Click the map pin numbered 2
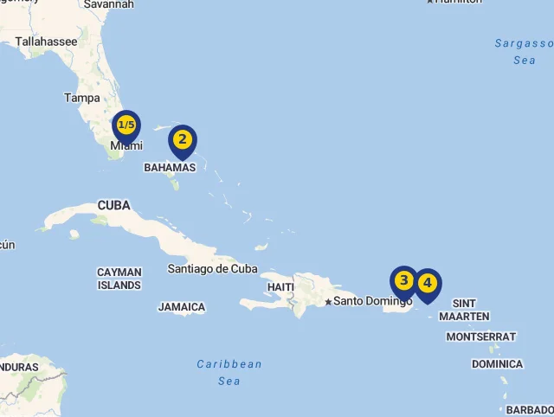coord(182,140)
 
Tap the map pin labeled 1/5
coord(126,126)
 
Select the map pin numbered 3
coord(403,281)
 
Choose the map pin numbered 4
coord(428,284)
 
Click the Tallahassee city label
coord(46,42)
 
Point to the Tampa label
coord(81,98)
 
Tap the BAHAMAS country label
coord(170,167)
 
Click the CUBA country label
coord(113,206)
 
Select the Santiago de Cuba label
coord(212,268)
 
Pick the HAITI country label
coord(280,286)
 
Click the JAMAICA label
coord(182,307)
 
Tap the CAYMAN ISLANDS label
coord(119,279)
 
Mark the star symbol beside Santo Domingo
coord(328,302)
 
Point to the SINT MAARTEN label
coord(464,310)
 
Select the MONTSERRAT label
coord(481,337)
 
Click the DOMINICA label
coord(497,364)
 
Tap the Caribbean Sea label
coord(229,372)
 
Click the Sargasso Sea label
coord(524,51)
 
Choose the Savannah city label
coord(108,4)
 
